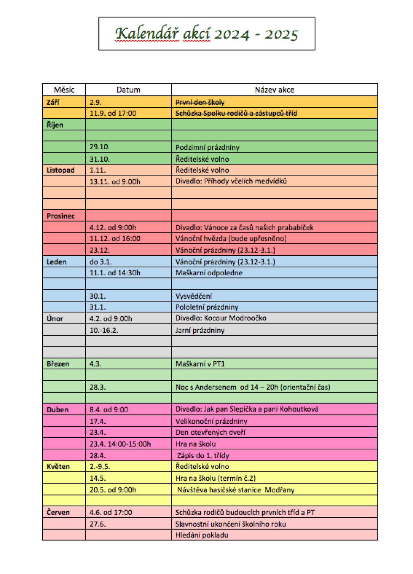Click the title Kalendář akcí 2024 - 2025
(x=206, y=34)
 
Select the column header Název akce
(x=274, y=90)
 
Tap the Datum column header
(x=128, y=90)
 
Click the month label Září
(x=53, y=102)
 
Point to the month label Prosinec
(x=61, y=216)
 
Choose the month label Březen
(x=58, y=364)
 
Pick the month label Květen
(x=58, y=467)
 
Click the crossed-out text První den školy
(x=200, y=102)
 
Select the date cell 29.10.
(x=99, y=147)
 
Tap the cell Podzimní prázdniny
(x=208, y=148)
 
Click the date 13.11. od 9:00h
(x=115, y=182)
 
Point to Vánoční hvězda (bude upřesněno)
(x=231, y=238)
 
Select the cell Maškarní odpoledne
(x=209, y=273)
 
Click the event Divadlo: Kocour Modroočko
(x=221, y=318)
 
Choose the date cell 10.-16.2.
(x=104, y=330)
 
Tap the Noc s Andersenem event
(x=253, y=387)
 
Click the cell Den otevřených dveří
(x=210, y=432)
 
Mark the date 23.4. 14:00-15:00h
(x=120, y=444)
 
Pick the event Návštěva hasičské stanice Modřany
(x=236, y=490)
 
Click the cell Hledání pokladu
(x=202, y=535)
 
